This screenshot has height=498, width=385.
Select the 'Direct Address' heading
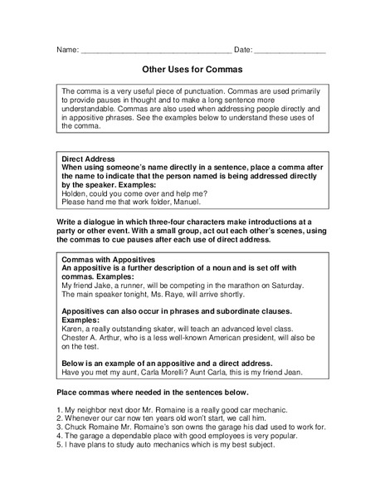click(x=90, y=158)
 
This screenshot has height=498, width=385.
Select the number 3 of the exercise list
click(x=58, y=426)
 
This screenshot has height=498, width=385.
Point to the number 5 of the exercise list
click(x=58, y=444)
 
